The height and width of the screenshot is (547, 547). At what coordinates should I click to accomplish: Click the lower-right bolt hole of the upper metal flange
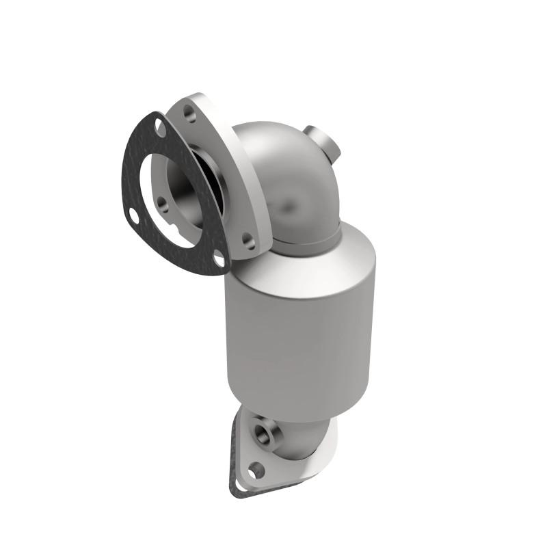(250, 241)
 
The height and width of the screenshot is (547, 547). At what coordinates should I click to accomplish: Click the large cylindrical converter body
(301, 328)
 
